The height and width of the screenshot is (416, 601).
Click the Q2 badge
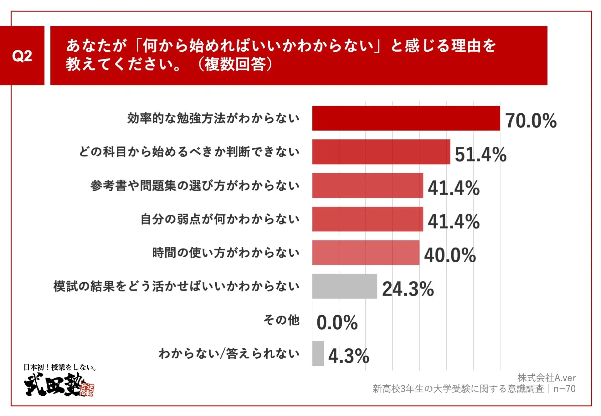pyautogui.click(x=22, y=56)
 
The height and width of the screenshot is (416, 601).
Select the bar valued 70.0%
pyautogui.click(x=406, y=118)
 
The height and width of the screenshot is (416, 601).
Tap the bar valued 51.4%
pyautogui.click(x=381, y=152)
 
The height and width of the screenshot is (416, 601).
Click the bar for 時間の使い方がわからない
pyautogui.click(x=366, y=253)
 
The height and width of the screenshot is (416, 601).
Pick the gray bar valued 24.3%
pyautogui.click(x=344, y=286)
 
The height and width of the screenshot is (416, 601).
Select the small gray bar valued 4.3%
pyautogui.click(x=318, y=353)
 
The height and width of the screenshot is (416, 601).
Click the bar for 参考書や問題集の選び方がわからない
pyautogui.click(x=367, y=185)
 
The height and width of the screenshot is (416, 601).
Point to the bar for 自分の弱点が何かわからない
pyautogui.click(x=367, y=219)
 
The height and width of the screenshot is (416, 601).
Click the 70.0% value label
pyautogui.click(x=531, y=121)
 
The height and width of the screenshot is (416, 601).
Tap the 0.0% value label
pyautogui.click(x=337, y=322)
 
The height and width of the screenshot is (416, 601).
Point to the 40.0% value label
pyautogui.click(x=450, y=255)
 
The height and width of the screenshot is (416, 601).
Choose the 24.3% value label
pyautogui.click(x=408, y=289)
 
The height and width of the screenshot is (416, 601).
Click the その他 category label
pyautogui.click(x=281, y=320)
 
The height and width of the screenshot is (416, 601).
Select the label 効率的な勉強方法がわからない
pyautogui.click(x=213, y=118)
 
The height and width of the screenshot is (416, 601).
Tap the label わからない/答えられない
pyautogui.click(x=229, y=353)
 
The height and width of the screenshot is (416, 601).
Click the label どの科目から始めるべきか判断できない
pyautogui.click(x=189, y=152)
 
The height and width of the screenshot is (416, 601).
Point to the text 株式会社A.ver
pyautogui.click(x=546, y=378)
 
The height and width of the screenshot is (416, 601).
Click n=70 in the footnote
pyautogui.click(x=564, y=389)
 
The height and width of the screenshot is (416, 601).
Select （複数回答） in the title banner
pyautogui.click(x=235, y=64)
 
